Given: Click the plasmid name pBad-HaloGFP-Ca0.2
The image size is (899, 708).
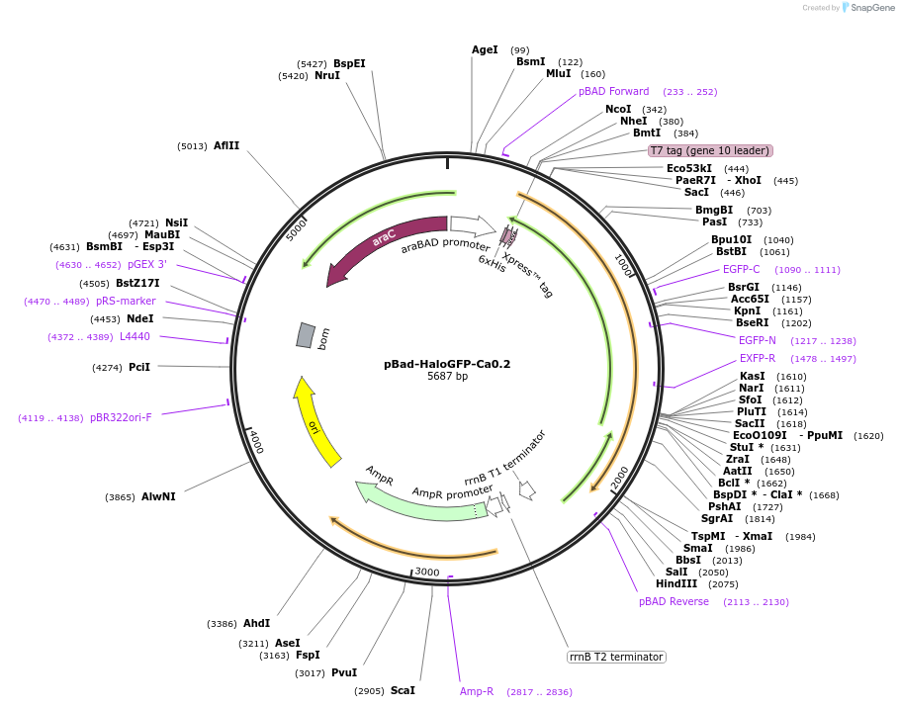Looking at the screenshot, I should click(447, 364).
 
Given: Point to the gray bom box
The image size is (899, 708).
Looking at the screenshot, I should click(306, 335).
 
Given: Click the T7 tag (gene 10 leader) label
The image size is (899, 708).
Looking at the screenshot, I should click(710, 150).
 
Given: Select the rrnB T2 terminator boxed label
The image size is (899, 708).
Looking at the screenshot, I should click(616, 657).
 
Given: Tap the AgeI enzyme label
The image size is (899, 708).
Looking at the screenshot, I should click(485, 49).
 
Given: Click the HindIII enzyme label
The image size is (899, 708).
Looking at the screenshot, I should click(676, 583).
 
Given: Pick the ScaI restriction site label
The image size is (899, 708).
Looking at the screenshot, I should click(403, 690).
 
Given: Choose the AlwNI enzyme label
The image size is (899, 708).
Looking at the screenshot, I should click(158, 496).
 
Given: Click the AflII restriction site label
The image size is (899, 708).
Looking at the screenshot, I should click(226, 145).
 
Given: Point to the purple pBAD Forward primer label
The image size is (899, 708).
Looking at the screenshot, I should click(614, 91).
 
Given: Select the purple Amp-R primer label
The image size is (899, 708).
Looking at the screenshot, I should click(477, 691).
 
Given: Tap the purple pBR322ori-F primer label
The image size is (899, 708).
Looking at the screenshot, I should click(121, 417).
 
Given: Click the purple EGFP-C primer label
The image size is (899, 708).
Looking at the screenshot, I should click(742, 269).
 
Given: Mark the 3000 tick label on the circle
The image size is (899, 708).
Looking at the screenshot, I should click(427, 572).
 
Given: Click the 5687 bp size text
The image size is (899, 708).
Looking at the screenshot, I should click(447, 377).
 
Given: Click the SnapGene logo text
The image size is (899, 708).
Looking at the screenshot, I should click(869, 7).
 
